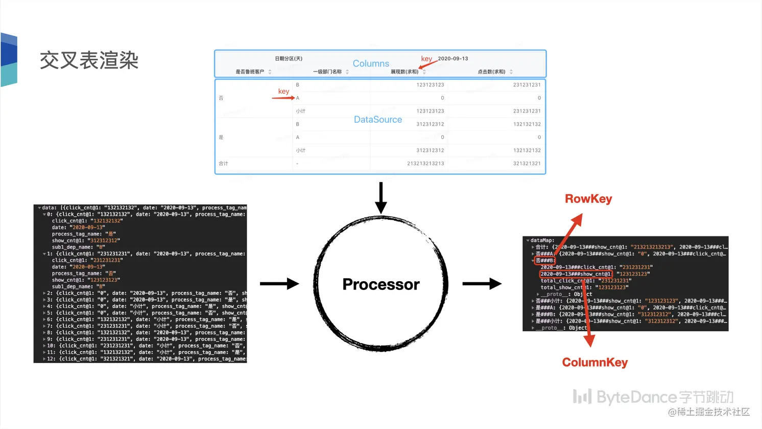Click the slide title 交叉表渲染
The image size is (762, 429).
point(89,60)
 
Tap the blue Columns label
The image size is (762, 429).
point(371,63)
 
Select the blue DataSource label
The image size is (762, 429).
point(378,119)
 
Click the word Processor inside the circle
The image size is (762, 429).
point(381,284)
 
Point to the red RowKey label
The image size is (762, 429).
point(588,199)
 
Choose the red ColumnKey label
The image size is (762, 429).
point(595,363)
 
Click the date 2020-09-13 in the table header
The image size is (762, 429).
point(453,58)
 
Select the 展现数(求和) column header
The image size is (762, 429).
point(404,72)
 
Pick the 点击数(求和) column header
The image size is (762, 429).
point(491,72)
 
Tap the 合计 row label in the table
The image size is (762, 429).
point(224,164)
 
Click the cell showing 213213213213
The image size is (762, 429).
point(425,164)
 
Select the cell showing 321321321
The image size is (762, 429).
point(527,164)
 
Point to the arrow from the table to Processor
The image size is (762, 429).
point(381,197)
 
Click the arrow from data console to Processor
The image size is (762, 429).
point(279,284)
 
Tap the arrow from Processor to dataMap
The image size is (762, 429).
point(482,284)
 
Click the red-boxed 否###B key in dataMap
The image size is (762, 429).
point(545,260)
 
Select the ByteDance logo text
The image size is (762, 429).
point(653,397)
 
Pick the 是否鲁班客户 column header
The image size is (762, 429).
point(250,72)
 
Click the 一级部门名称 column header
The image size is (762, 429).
point(327,72)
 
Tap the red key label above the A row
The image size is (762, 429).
point(283,91)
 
